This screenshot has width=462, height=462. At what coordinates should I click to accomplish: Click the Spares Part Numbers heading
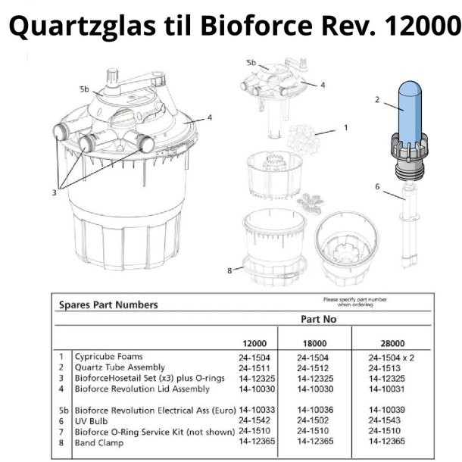click(108, 305)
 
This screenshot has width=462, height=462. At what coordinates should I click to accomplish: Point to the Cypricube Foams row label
click(108, 356)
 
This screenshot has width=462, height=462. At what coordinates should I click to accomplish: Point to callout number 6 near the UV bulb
click(377, 186)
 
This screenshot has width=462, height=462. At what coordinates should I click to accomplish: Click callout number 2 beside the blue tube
click(376, 98)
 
